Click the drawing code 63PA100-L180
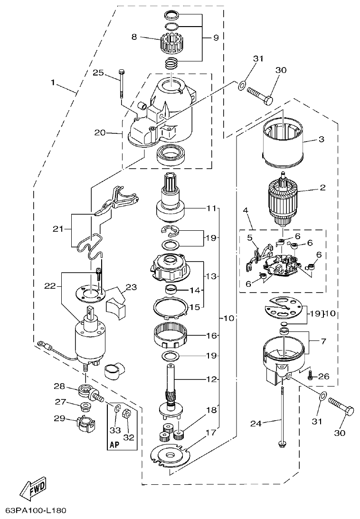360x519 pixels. click(36, 510)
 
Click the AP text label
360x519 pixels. click(114, 445)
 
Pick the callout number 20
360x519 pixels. click(100, 133)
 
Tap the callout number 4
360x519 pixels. click(246, 209)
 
